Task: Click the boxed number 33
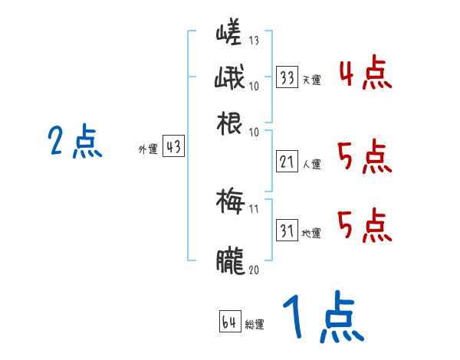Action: point(287,77)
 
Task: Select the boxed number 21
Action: point(287,162)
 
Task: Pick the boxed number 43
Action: point(174,148)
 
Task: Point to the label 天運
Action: point(311,80)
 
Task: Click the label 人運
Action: point(311,163)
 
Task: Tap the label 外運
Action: point(148,150)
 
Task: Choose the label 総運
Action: point(255,325)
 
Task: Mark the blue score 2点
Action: point(75,142)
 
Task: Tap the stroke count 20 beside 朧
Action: point(255,270)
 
